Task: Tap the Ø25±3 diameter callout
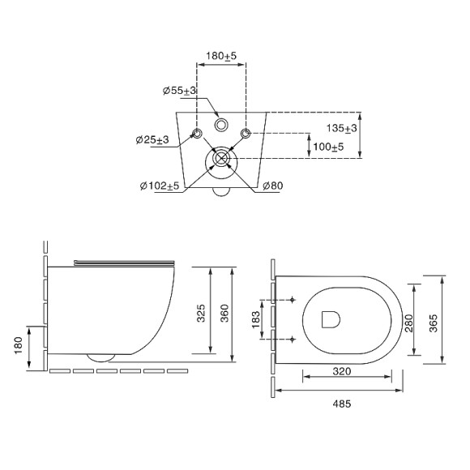click(x=152, y=140)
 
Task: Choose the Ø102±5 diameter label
click(x=159, y=186)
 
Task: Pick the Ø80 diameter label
click(x=272, y=186)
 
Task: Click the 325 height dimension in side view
click(x=201, y=312)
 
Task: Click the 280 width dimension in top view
click(x=409, y=323)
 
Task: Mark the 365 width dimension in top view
click(x=433, y=323)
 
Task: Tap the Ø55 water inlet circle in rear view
click(x=220, y=126)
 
